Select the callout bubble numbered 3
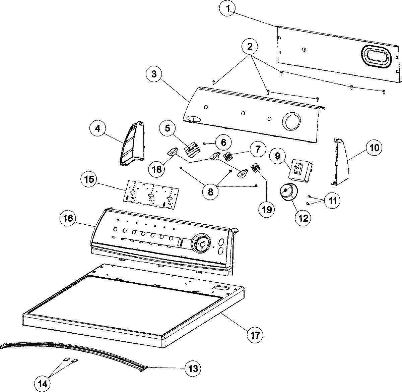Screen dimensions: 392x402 pos(154,74)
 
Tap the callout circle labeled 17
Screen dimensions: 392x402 pos(255,334)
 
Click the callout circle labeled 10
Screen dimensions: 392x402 pos(374,147)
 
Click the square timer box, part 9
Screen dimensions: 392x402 pos(299,168)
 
